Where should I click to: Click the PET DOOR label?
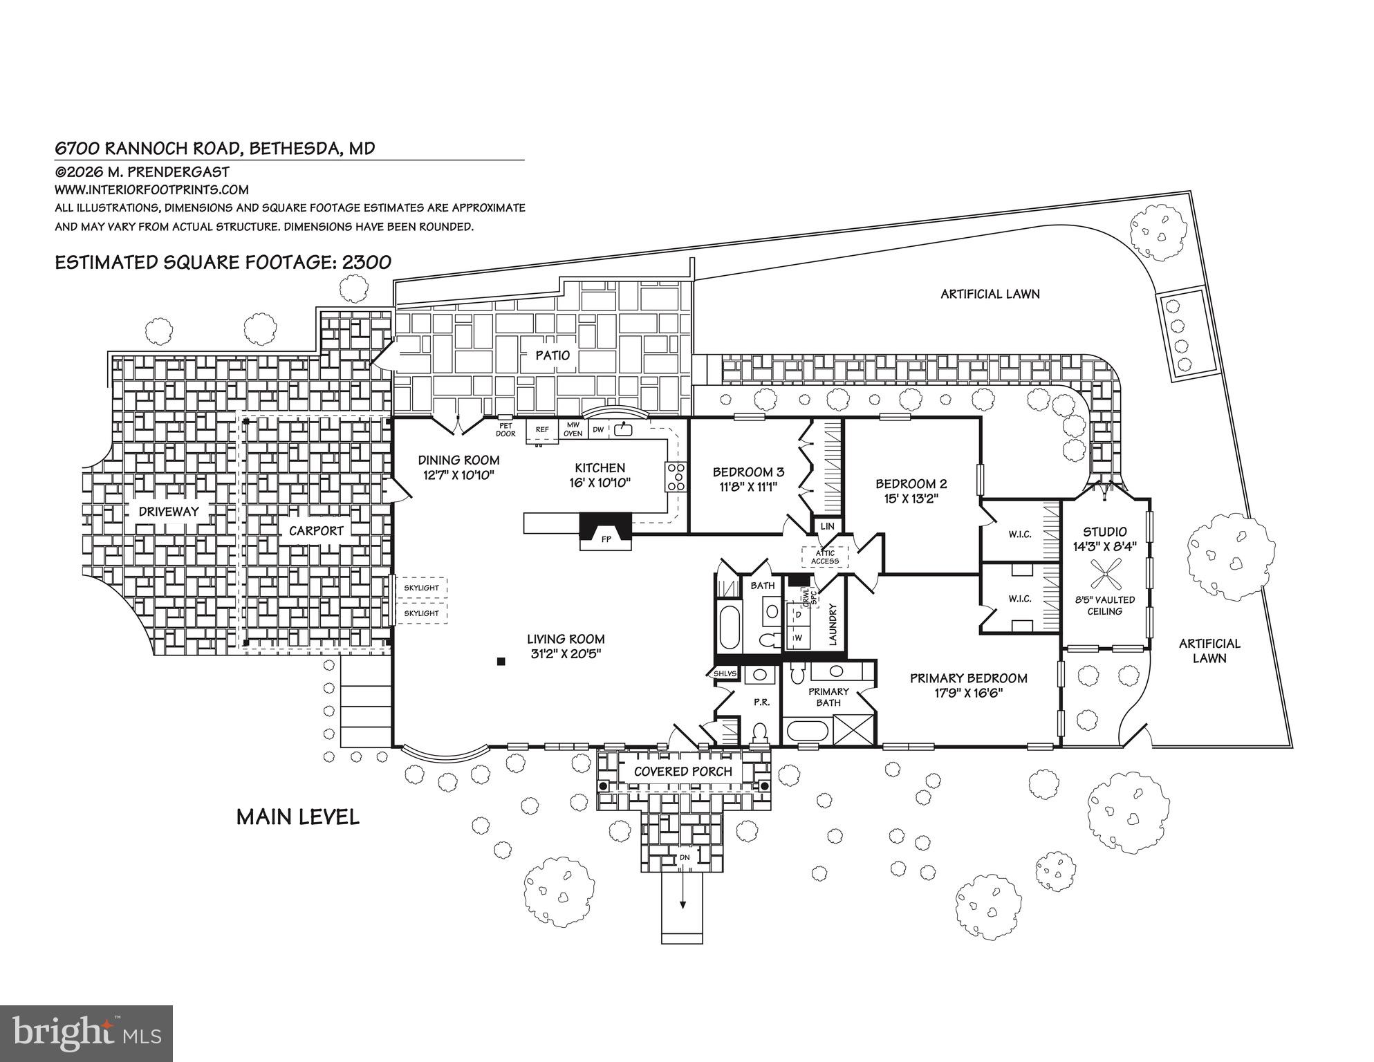[x=505, y=430]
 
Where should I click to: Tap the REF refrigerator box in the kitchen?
[x=542, y=430]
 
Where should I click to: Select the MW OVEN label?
[x=573, y=429]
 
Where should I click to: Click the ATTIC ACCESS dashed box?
[x=825, y=557]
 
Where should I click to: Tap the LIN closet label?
[x=827, y=526]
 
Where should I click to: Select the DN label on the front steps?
[x=684, y=857]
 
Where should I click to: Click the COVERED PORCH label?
[x=683, y=772]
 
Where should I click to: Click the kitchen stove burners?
[x=676, y=476]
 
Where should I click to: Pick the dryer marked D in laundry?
[x=799, y=613]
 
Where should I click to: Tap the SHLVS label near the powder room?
[x=726, y=673]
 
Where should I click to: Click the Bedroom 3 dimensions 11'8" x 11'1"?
[x=748, y=486]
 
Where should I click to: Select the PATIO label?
[x=553, y=355]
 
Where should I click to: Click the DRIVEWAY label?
[x=168, y=512]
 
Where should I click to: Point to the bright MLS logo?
[x=86, y=1033]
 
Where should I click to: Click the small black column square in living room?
[x=501, y=662]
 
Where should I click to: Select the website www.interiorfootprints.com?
[x=151, y=189]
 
